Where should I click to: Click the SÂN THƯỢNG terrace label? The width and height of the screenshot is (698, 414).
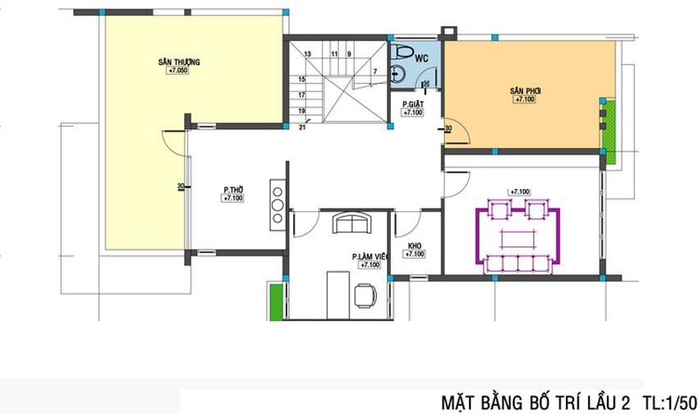point(178,62)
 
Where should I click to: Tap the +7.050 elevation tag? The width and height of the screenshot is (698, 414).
point(178,71)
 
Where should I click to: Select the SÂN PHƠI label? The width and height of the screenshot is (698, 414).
point(524,90)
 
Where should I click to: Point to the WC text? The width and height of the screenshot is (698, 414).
point(421,58)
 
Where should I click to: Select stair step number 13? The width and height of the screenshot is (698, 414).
point(308,53)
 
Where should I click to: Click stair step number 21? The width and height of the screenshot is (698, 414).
point(302,126)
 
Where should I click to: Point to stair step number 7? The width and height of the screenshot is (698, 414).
point(374,72)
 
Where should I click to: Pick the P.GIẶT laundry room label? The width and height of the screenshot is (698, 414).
point(412,103)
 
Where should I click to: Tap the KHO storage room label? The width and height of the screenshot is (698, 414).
point(414,246)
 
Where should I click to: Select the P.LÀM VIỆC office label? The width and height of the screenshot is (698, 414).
point(369,257)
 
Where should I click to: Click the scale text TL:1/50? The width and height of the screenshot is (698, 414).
point(665,402)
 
